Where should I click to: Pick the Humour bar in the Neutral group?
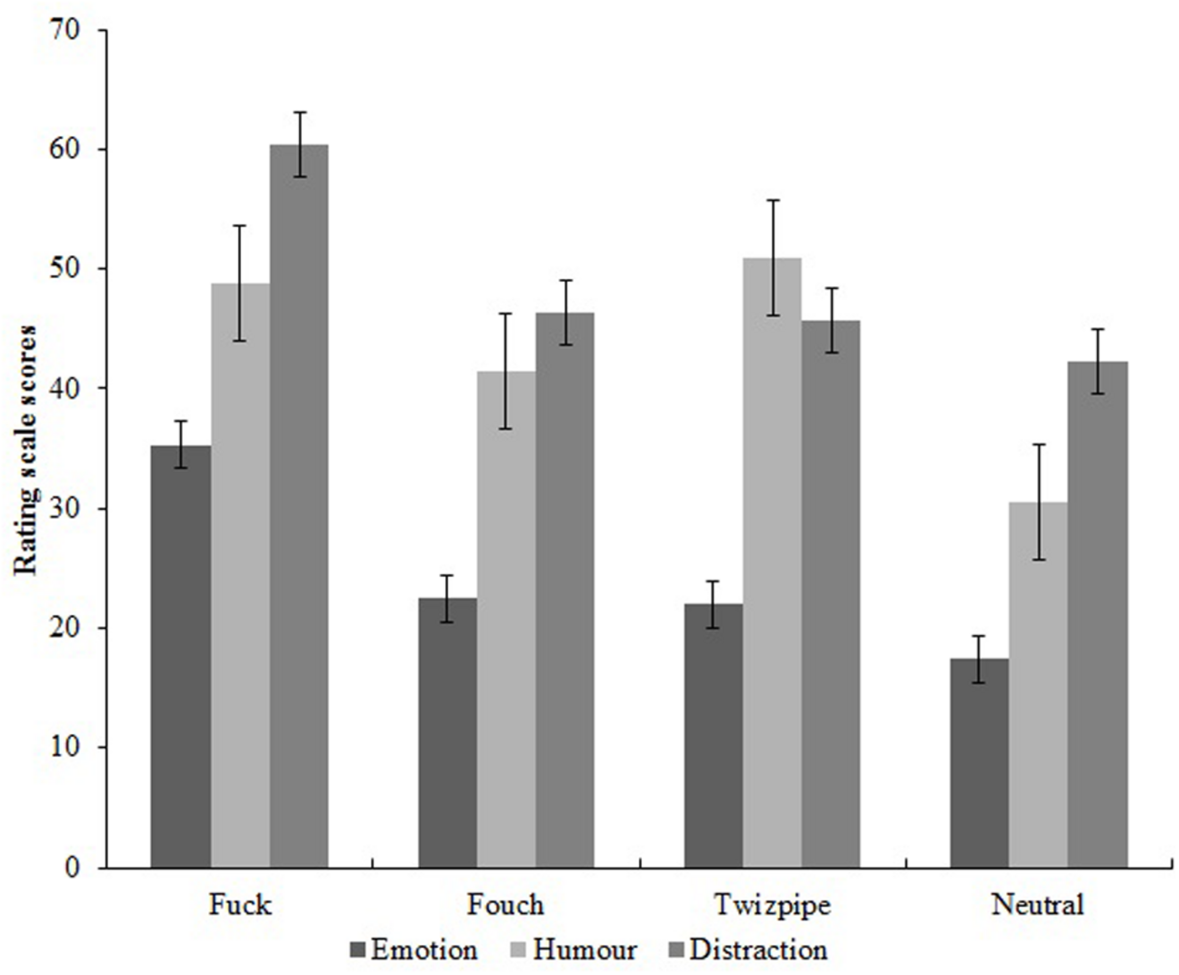(x=1038, y=685)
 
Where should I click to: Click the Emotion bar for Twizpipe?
(x=713, y=735)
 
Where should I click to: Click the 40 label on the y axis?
(x=66, y=388)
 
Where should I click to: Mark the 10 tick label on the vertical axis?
(x=66, y=747)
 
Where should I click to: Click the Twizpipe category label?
(x=772, y=905)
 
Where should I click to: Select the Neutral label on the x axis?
(x=1038, y=905)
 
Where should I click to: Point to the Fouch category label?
(x=505, y=905)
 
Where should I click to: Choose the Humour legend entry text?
(x=584, y=949)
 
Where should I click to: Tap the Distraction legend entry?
(x=758, y=949)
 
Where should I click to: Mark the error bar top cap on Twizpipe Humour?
(x=773, y=200)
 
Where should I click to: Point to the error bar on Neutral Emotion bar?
(x=979, y=659)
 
